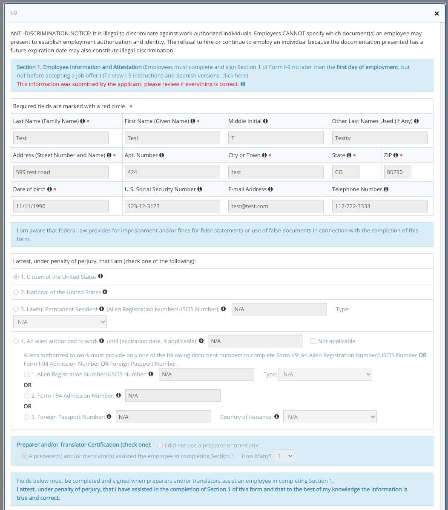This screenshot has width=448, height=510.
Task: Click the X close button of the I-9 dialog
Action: [x=437, y=14]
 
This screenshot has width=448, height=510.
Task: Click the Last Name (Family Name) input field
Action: [x=61, y=138]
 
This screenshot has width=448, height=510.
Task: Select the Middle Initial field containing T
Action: [x=276, y=138]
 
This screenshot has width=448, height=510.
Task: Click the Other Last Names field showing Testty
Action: [x=379, y=138]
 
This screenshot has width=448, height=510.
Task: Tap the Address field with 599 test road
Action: [x=61, y=172]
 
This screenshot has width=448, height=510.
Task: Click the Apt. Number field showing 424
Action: [x=172, y=172]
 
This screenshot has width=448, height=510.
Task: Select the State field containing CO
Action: [x=345, y=172]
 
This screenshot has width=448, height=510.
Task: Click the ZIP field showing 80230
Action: [x=397, y=172]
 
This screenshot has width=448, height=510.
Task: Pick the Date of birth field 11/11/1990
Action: [x=61, y=206]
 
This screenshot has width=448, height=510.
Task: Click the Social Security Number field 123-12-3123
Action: [x=172, y=206]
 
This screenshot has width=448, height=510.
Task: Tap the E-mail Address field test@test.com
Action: [x=276, y=206]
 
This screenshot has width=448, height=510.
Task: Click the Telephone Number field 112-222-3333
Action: [x=379, y=206]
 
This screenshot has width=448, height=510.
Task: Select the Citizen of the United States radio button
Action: [x=16, y=277]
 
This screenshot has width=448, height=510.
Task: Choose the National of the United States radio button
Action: [x=16, y=292]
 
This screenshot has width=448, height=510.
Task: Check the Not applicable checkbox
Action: [x=313, y=341]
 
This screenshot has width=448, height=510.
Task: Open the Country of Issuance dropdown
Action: [x=330, y=417]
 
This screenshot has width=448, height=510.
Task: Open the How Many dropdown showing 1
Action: [x=284, y=456]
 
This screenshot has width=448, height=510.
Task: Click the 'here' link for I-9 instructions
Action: [x=241, y=75]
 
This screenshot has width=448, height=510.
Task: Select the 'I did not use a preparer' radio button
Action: [x=160, y=445]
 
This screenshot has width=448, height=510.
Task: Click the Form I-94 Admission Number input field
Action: [x=172, y=395]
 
